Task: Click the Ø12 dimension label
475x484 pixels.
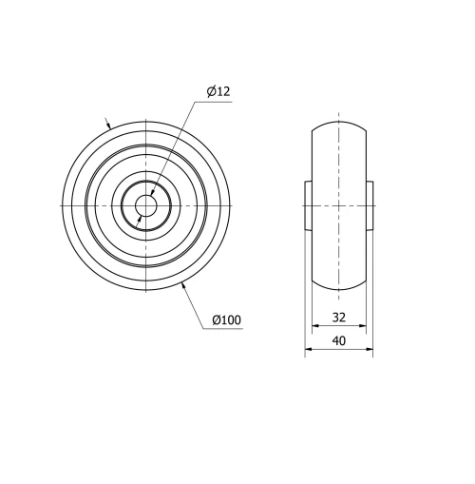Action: click(x=218, y=91)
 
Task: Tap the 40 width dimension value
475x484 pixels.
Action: click(x=338, y=340)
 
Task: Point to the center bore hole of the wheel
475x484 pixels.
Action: click(x=146, y=205)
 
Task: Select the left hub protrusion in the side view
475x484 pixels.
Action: click(x=309, y=205)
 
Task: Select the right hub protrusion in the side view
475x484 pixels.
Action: click(x=370, y=205)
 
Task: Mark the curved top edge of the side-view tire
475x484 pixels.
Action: click(x=339, y=122)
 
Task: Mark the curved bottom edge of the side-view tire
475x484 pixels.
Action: click(x=339, y=290)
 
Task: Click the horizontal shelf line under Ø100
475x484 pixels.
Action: click(x=223, y=329)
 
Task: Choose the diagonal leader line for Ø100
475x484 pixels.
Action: click(x=193, y=305)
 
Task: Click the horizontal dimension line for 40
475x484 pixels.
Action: click(x=338, y=351)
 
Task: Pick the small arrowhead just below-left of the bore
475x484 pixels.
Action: click(x=141, y=217)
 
